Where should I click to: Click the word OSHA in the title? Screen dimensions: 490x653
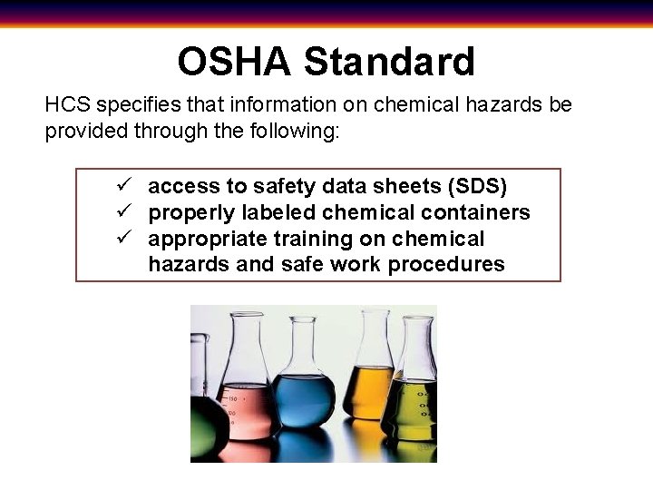pyautogui.click(x=235, y=62)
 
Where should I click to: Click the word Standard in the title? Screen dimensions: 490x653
pyautogui.click(x=389, y=62)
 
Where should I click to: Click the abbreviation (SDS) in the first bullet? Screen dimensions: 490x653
pyautogui.click(x=477, y=186)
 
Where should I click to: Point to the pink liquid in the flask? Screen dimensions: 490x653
pyautogui.click(x=250, y=408)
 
